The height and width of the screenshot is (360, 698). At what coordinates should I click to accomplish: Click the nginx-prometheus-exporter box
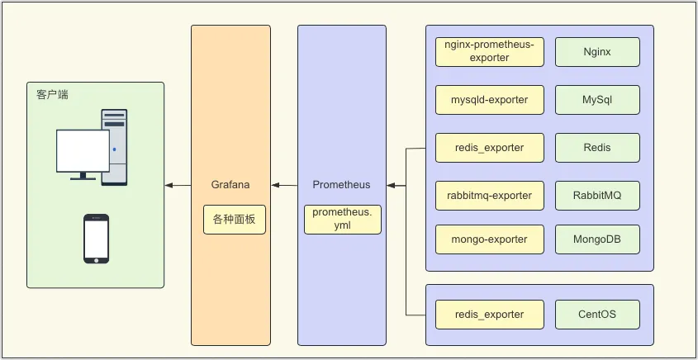click(490, 52)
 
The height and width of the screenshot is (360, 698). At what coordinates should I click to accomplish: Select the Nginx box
click(597, 52)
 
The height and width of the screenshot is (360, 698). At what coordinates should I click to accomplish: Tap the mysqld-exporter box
click(490, 100)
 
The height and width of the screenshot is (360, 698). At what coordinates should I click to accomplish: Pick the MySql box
click(597, 100)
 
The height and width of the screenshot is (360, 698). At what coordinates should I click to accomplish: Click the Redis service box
click(597, 148)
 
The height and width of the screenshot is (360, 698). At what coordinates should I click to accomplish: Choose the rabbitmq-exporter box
click(490, 196)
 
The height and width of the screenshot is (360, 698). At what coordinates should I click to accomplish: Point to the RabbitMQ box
click(597, 196)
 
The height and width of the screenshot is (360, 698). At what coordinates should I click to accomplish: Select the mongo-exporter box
click(490, 239)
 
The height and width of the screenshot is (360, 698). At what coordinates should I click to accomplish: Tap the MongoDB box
click(597, 239)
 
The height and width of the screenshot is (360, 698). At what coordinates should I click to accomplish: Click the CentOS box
click(597, 315)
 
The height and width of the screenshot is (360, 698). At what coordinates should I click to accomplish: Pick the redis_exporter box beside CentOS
click(490, 315)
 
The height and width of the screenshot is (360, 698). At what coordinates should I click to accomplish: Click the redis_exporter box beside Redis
click(490, 148)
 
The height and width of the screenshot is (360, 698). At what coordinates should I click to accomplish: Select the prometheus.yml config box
click(343, 220)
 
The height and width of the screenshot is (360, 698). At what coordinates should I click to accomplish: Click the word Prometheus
click(341, 185)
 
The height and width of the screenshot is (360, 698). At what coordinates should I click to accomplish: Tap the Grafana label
click(230, 185)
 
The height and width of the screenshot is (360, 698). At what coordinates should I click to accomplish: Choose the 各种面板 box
click(235, 220)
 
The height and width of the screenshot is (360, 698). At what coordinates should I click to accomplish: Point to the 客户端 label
click(53, 95)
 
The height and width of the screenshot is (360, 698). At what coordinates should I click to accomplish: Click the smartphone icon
click(96, 239)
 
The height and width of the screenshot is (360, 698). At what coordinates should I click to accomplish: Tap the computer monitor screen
click(83, 150)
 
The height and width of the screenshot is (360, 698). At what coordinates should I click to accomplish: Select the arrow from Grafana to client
click(178, 185)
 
